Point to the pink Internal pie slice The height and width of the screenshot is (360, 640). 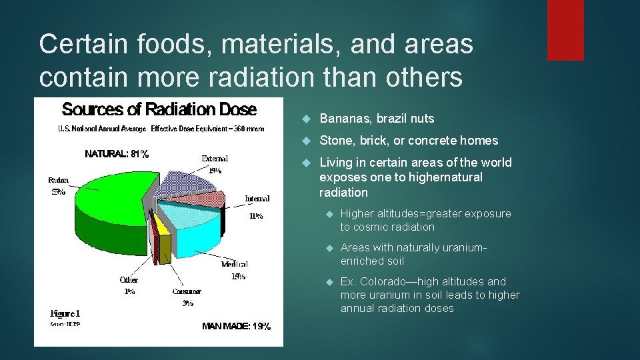click(x=200, y=198)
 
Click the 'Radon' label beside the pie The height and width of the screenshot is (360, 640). click(x=58, y=180)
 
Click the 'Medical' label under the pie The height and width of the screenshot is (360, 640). click(x=234, y=264)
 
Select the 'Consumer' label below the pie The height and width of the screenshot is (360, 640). click(x=187, y=291)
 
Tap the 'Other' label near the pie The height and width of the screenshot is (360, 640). click(x=129, y=280)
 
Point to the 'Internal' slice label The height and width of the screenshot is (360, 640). click(x=257, y=198)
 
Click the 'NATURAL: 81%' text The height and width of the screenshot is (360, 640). click(x=117, y=154)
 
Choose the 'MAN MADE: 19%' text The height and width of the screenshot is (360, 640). click(x=236, y=326)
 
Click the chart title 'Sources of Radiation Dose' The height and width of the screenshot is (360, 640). click(x=159, y=109)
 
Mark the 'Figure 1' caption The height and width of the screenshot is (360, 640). click(x=65, y=313)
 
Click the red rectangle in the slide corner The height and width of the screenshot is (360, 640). click(x=565, y=30)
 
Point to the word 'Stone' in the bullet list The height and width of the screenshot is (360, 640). click(x=335, y=141)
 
